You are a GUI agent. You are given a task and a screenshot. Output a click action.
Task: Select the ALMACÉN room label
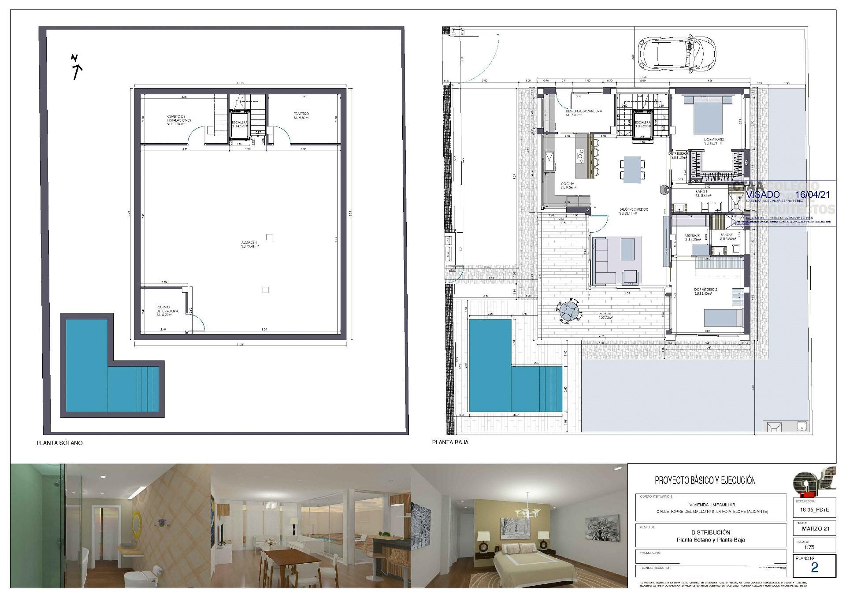tap(249, 245)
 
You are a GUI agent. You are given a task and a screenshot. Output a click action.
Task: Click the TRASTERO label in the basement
tap(302, 115)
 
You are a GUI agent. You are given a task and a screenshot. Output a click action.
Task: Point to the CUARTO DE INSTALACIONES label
tap(179, 120)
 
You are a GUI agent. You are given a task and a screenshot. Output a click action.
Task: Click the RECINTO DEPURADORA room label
tap(167, 311)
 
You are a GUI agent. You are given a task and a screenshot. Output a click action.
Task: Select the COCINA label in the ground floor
tap(568, 186)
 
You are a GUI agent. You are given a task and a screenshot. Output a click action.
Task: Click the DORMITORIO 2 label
tap(705, 291)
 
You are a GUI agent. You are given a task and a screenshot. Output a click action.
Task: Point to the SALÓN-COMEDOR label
tap(633, 211)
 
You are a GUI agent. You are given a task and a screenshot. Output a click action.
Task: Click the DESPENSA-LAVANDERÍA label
tap(584, 113)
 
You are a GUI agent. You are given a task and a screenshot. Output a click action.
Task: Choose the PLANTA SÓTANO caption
tap(59, 443)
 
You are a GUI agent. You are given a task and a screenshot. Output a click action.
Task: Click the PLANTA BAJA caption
tap(450, 442)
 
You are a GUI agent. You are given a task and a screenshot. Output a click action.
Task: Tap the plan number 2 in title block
tap(814, 568)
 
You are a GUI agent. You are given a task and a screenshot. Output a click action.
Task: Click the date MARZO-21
tap(815, 529)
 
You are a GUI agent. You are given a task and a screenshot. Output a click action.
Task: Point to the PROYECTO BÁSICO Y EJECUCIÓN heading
tap(705, 480)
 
